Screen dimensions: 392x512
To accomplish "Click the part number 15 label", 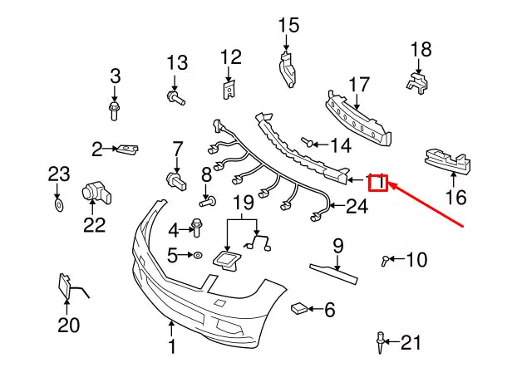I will (x=288, y=25).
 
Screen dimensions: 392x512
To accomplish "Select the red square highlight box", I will (x=378, y=181).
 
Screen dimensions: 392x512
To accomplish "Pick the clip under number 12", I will (x=229, y=86).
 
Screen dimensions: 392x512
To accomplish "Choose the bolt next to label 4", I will (x=198, y=226).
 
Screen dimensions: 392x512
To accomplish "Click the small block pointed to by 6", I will (x=298, y=309).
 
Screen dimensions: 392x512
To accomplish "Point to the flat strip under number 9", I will (x=337, y=267).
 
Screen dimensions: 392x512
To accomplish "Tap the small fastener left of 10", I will (x=385, y=262).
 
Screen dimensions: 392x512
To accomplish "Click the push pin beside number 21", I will (x=380, y=340).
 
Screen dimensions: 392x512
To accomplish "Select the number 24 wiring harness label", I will (x=356, y=206).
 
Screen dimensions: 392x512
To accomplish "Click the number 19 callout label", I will (x=242, y=202).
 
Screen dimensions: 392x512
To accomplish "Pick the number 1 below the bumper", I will (x=172, y=346).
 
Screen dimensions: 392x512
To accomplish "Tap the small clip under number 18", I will (x=416, y=81).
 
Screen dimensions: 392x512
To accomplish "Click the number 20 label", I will (x=68, y=325).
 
